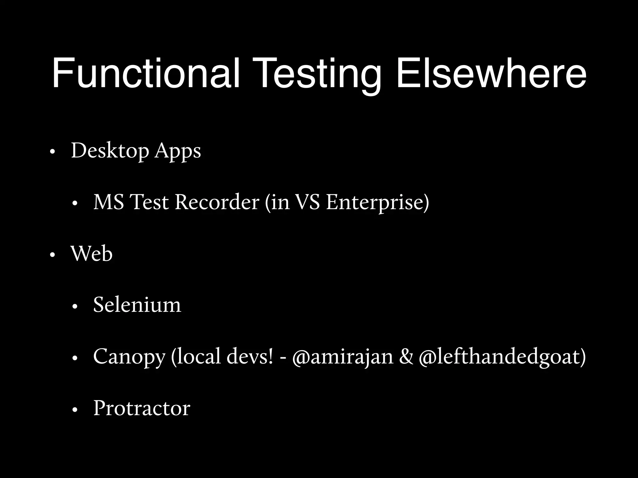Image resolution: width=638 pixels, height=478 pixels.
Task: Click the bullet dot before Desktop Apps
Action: (x=52, y=152)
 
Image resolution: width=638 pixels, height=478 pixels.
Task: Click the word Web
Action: (x=92, y=254)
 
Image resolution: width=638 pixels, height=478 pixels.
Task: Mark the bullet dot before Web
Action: (x=52, y=255)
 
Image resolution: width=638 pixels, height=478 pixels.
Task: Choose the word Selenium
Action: (x=137, y=305)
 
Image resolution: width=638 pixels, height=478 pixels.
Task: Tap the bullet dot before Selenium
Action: (x=74, y=307)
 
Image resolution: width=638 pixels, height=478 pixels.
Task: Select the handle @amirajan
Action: (x=343, y=357)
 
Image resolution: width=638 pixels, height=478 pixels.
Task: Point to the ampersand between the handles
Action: (x=406, y=357)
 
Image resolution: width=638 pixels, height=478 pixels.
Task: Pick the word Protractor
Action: (x=142, y=408)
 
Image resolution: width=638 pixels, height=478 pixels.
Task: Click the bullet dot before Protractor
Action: (x=74, y=410)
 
